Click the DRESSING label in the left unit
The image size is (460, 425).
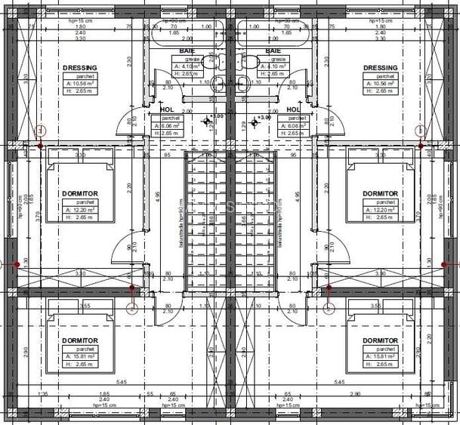pyautogui.click(x=79, y=67)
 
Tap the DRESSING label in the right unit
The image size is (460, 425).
pyautogui.click(x=380, y=67)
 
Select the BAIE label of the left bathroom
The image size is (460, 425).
pyautogui.click(x=187, y=51)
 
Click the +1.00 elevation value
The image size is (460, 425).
pyautogui.click(x=218, y=117)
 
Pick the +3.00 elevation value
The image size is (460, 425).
pyautogui.click(x=264, y=118)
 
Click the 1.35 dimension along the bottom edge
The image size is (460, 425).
pyautogui.click(x=43, y=395)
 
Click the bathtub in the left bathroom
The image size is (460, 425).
pyautogui.click(x=186, y=33)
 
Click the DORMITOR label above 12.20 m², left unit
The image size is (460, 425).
pyautogui.click(x=79, y=194)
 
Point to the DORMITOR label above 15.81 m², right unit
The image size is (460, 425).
pyautogui.click(x=380, y=341)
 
